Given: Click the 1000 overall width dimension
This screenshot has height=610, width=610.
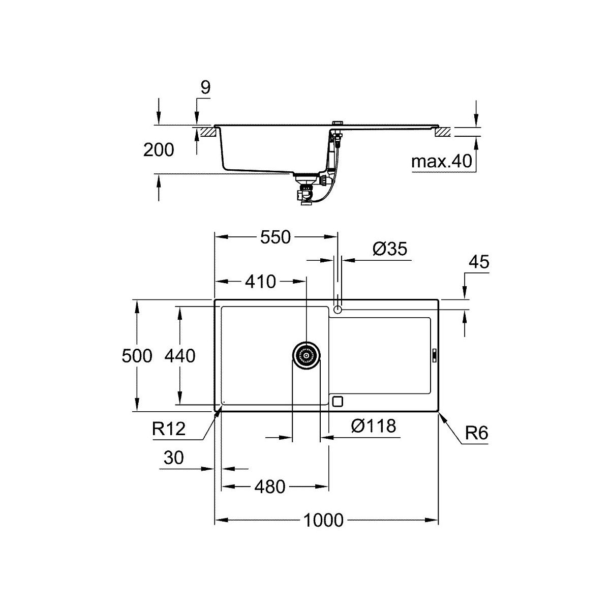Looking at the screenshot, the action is pos(323,521).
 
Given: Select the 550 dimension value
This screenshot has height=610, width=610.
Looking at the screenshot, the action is pos(275,237).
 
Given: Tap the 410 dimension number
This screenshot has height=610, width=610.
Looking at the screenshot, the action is pos(261,282).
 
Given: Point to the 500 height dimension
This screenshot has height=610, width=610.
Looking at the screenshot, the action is pos(137,356).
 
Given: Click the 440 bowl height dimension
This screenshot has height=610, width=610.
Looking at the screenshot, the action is pos(180,356).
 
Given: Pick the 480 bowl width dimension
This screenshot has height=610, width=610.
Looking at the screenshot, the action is pos(270,487).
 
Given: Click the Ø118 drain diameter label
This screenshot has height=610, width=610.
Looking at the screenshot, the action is pos(374,426).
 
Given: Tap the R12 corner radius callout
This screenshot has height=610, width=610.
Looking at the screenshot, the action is pos(169,429).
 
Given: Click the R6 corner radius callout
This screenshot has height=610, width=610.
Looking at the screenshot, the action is pos(476,433).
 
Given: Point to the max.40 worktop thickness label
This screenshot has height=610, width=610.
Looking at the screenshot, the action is pos(442,161).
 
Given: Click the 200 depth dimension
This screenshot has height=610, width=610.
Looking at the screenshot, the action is pos(159,150).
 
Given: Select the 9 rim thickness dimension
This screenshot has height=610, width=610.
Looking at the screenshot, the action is pos(205,87).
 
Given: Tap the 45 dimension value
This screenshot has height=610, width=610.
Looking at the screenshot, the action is pos(479,262).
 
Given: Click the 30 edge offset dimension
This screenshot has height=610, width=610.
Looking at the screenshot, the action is pos(174,457).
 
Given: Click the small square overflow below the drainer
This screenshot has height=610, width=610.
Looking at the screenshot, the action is pos(338,402).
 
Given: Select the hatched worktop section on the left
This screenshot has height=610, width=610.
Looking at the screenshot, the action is pos(206,132).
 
